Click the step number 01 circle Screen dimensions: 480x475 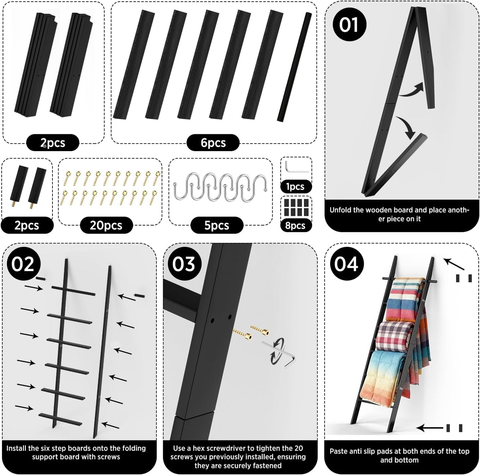click(x=349, y=24)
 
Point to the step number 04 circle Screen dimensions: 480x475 click(x=346, y=264)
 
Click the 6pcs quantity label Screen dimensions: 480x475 click(x=213, y=143)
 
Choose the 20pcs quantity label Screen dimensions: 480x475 click(x=106, y=225)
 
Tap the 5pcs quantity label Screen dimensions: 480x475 click(x=217, y=225)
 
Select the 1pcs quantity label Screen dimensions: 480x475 click(x=296, y=186)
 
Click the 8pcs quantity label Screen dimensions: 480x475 click(x=296, y=225)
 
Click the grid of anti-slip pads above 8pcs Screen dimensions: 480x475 click(x=296, y=207)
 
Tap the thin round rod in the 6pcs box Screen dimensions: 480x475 click(x=294, y=67)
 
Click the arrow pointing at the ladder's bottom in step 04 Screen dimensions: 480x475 click(x=430, y=428)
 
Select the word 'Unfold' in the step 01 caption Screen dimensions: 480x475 click(x=340, y=210)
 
